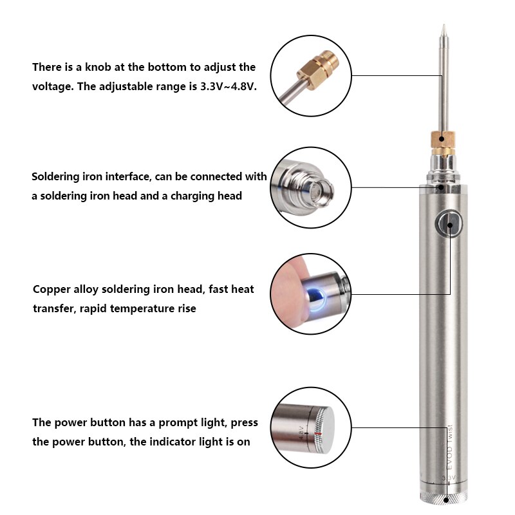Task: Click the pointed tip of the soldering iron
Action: pyautogui.click(x=442, y=28)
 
